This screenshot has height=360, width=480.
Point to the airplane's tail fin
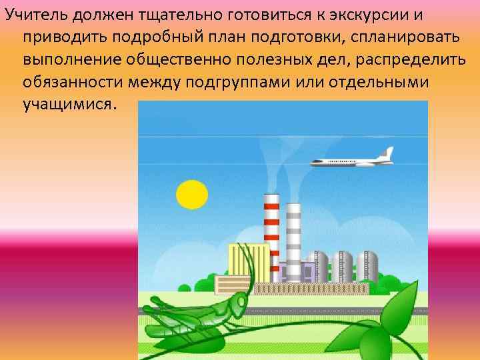tap(386, 153)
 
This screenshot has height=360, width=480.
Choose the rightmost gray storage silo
tap(367, 267)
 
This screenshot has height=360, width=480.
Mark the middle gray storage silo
tap(342, 267)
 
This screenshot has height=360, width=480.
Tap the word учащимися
tap(69, 105)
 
